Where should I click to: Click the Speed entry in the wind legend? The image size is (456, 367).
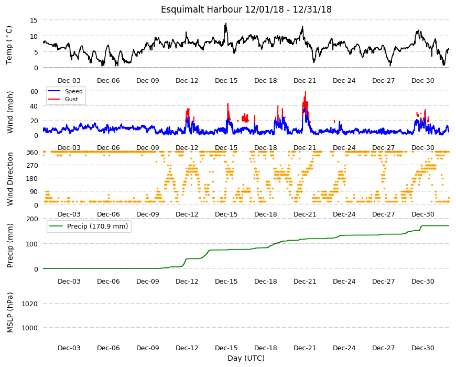click(73, 91)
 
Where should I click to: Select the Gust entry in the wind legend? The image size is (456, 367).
click(71, 99)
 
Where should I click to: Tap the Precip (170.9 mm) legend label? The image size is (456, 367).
click(97, 226)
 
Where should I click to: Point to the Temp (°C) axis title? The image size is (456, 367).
click(9, 45)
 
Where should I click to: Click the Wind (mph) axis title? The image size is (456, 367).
click(10, 112)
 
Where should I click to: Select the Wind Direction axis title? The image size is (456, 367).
click(10, 179)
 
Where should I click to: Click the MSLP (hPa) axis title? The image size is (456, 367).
click(10, 312)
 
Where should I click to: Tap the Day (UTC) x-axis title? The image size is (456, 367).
click(246, 358)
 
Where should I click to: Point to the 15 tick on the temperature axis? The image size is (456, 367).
click(34, 20)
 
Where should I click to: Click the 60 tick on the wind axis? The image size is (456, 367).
click(34, 91)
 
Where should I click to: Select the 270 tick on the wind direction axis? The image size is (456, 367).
click(32, 166)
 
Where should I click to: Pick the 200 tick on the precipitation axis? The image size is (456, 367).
click(32, 219)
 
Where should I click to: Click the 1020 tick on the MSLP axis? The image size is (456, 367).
click(30, 304)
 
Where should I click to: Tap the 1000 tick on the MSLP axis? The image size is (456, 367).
click(30, 328)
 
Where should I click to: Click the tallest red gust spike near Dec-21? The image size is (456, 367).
click(306, 92)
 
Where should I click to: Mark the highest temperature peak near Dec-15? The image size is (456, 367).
click(225, 24)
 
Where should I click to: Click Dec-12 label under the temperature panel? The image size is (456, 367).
click(187, 81)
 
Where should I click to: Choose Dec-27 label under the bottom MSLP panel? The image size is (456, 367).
click(383, 348)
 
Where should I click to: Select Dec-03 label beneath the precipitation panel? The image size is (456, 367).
click(69, 281)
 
